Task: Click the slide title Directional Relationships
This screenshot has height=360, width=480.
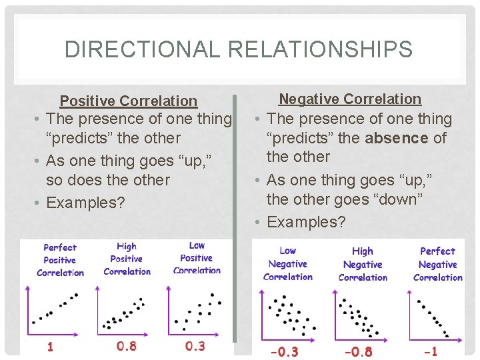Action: [239, 49]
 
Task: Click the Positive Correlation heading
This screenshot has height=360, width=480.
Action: [129, 101]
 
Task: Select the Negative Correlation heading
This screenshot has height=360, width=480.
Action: [350, 99]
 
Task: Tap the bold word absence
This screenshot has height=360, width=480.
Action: [396, 138]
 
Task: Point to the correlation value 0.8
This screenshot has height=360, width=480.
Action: [127, 347]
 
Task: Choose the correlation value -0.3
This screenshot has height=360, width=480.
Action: [284, 351]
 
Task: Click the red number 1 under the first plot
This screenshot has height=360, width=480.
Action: [49, 347]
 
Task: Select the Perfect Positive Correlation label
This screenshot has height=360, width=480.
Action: [60, 260]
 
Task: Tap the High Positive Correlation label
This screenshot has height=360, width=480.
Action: [127, 259]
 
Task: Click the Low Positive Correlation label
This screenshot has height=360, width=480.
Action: [197, 258]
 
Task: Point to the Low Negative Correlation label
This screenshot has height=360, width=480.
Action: [288, 263]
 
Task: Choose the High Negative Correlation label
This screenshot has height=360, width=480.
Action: [363, 264]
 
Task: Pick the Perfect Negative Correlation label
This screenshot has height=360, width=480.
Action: [438, 264]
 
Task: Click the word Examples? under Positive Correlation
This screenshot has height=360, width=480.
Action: [85, 203]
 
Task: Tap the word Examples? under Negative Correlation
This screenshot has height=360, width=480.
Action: [306, 222]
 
